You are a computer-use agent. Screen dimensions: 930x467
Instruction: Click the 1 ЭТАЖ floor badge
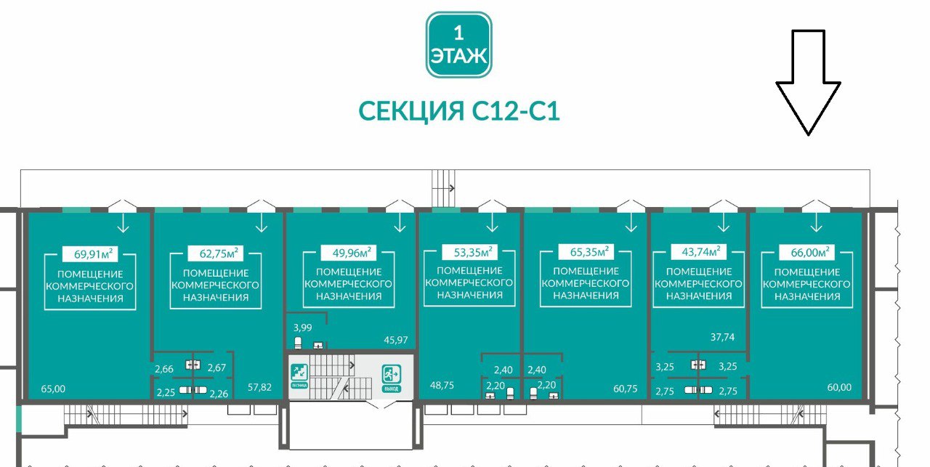pos(458,44)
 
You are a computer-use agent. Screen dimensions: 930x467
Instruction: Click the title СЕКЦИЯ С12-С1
pos(459,111)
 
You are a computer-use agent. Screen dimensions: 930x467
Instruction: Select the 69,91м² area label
pos(90,254)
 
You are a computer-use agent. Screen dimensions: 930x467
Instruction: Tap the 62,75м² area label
pos(215,254)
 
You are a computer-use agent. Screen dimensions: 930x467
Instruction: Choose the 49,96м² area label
pos(347,253)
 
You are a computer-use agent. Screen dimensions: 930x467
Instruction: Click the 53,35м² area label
pos(469,253)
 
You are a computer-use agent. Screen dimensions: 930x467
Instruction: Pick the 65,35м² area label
pos(586,253)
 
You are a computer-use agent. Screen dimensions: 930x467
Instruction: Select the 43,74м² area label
pos(698,253)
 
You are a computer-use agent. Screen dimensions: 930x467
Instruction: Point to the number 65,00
pos(49,389)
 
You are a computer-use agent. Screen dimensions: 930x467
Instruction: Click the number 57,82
pos(259,387)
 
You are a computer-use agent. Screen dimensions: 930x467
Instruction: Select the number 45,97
pos(396,339)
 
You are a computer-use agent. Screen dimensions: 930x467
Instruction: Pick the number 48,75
pos(442,386)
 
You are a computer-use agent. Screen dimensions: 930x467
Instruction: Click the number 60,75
pos(626,389)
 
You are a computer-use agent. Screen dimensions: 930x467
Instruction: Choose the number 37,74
pos(722,336)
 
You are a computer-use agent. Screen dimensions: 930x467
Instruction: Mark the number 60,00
pos(839,387)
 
